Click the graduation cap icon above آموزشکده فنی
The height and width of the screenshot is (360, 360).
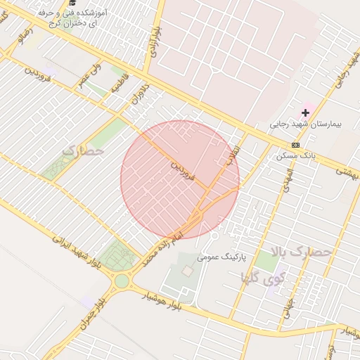tap(73, 3)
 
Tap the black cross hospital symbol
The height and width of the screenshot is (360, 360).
tap(305, 112)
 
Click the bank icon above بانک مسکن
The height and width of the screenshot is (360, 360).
tap(295, 145)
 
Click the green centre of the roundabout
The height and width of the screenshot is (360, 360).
tap(122, 281)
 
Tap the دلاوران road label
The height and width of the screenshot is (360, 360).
tap(139, 99)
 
